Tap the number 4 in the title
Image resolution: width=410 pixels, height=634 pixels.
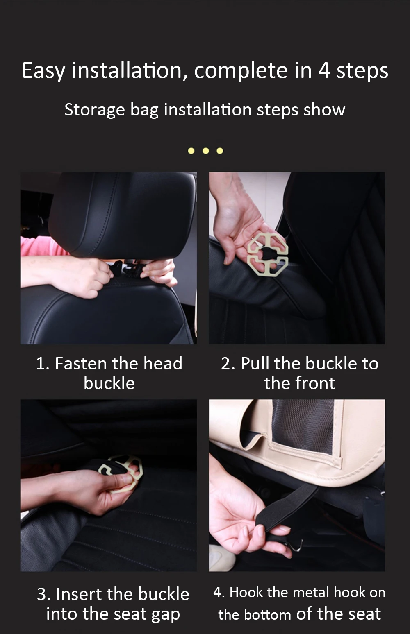coord(324,70)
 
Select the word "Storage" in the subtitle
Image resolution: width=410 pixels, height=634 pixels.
coord(94,111)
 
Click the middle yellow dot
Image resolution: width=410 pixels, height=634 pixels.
coord(206,151)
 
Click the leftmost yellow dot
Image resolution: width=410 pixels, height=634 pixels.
coord(191,151)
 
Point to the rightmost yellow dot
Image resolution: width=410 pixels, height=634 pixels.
coord(220,151)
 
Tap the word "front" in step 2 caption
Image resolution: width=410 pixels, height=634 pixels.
coord(315,383)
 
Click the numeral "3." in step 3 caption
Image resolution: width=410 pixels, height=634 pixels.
coord(43,594)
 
